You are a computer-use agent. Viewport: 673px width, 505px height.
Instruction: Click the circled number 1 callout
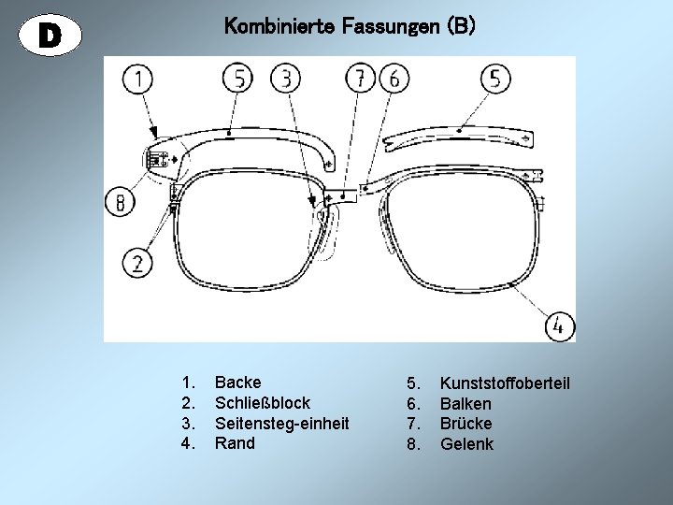(x=138, y=79)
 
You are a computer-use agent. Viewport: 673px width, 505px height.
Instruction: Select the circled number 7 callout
(x=359, y=79)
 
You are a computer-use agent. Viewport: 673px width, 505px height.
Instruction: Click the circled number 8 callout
(x=120, y=201)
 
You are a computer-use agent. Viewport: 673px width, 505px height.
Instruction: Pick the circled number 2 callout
(x=138, y=263)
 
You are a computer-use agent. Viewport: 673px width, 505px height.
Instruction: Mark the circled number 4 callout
(x=559, y=326)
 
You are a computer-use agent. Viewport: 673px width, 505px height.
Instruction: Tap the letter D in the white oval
(x=50, y=35)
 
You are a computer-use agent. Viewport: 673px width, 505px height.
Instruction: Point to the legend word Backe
(x=238, y=382)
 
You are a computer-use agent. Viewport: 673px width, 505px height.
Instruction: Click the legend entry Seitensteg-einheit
(x=282, y=423)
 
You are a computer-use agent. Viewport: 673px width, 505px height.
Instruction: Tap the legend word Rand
(x=235, y=442)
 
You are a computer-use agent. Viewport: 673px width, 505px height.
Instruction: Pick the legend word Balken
(x=465, y=404)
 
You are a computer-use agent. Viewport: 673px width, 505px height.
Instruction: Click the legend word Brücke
(x=465, y=424)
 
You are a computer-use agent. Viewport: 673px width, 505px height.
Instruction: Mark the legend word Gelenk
(x=466, y=443)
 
